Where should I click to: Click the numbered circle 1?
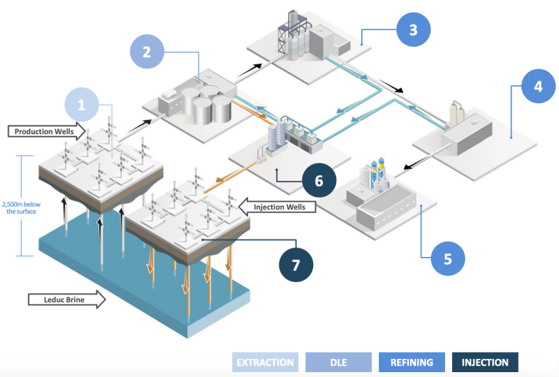pyautogui.click(x=81, y=105)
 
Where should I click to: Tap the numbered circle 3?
pyautogui.click(x=413, y=29)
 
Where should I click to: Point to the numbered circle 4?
pyautogui.click(x=537, y=87)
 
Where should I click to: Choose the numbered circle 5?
pyautogui.click(x=447, y=258)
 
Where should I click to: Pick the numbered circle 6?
pyautogui.click(x=319, y=180)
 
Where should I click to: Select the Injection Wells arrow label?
pyautogui.click(x=277, y=206)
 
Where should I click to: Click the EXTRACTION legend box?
pyautogui.click(x=265, y=362)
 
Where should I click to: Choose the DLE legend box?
pyautogui.click(x=338, y=362)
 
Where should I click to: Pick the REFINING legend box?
pyautogui.click(x=412, y=362)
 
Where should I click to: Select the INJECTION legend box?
pyautogui.click(x=485, y=362)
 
